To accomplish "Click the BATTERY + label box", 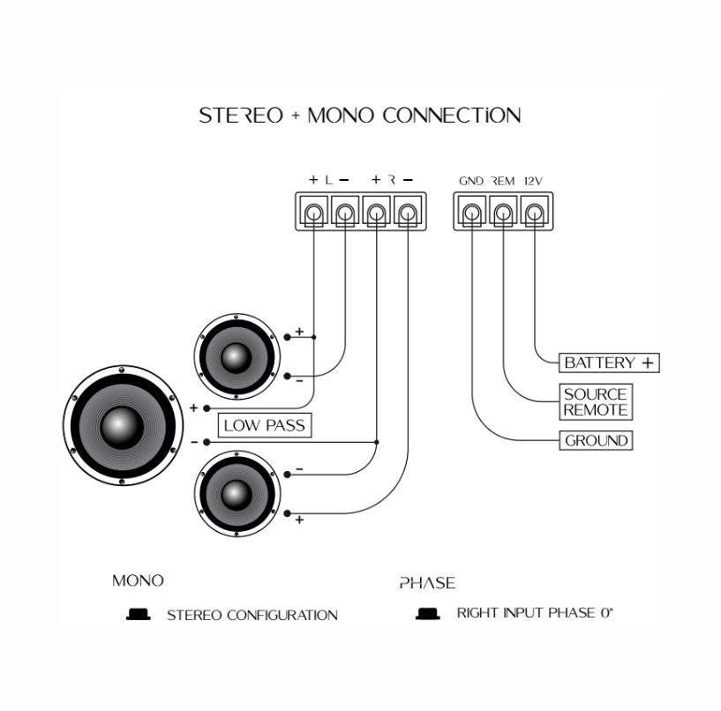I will click(x=610, y=363).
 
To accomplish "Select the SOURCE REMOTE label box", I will click(x=596, y=402).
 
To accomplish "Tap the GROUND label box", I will click(x=596, y=440).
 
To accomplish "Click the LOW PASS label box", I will click(x=264, y=425).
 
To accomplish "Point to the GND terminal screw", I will click(x=472, y=213).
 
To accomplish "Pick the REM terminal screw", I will click(x=503, y=213).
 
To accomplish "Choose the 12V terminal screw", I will click(x=534, y=213).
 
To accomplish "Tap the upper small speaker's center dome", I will click(x=235, y=356).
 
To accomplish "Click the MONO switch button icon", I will click(x=137, y=614).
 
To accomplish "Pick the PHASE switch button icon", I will click(x=427, y=614).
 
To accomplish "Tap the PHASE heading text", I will click(x=427, y=583).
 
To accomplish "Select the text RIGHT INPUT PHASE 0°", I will click(x=534, y=613).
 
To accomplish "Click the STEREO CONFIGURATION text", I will click(x=252, y=615).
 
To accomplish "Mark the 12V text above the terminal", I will click(x=533, y=181).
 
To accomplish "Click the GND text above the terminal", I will click(x=471, y=181).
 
